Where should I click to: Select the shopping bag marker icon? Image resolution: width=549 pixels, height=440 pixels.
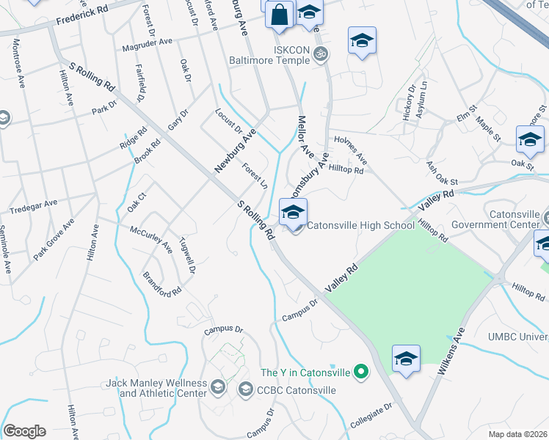[x=280, y=15]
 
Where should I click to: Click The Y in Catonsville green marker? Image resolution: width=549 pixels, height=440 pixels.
[x=360, y=373]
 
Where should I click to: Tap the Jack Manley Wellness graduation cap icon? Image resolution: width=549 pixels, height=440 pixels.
[x=217, y=386]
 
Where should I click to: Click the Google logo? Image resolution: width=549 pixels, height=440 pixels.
[x=24, y=431]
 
